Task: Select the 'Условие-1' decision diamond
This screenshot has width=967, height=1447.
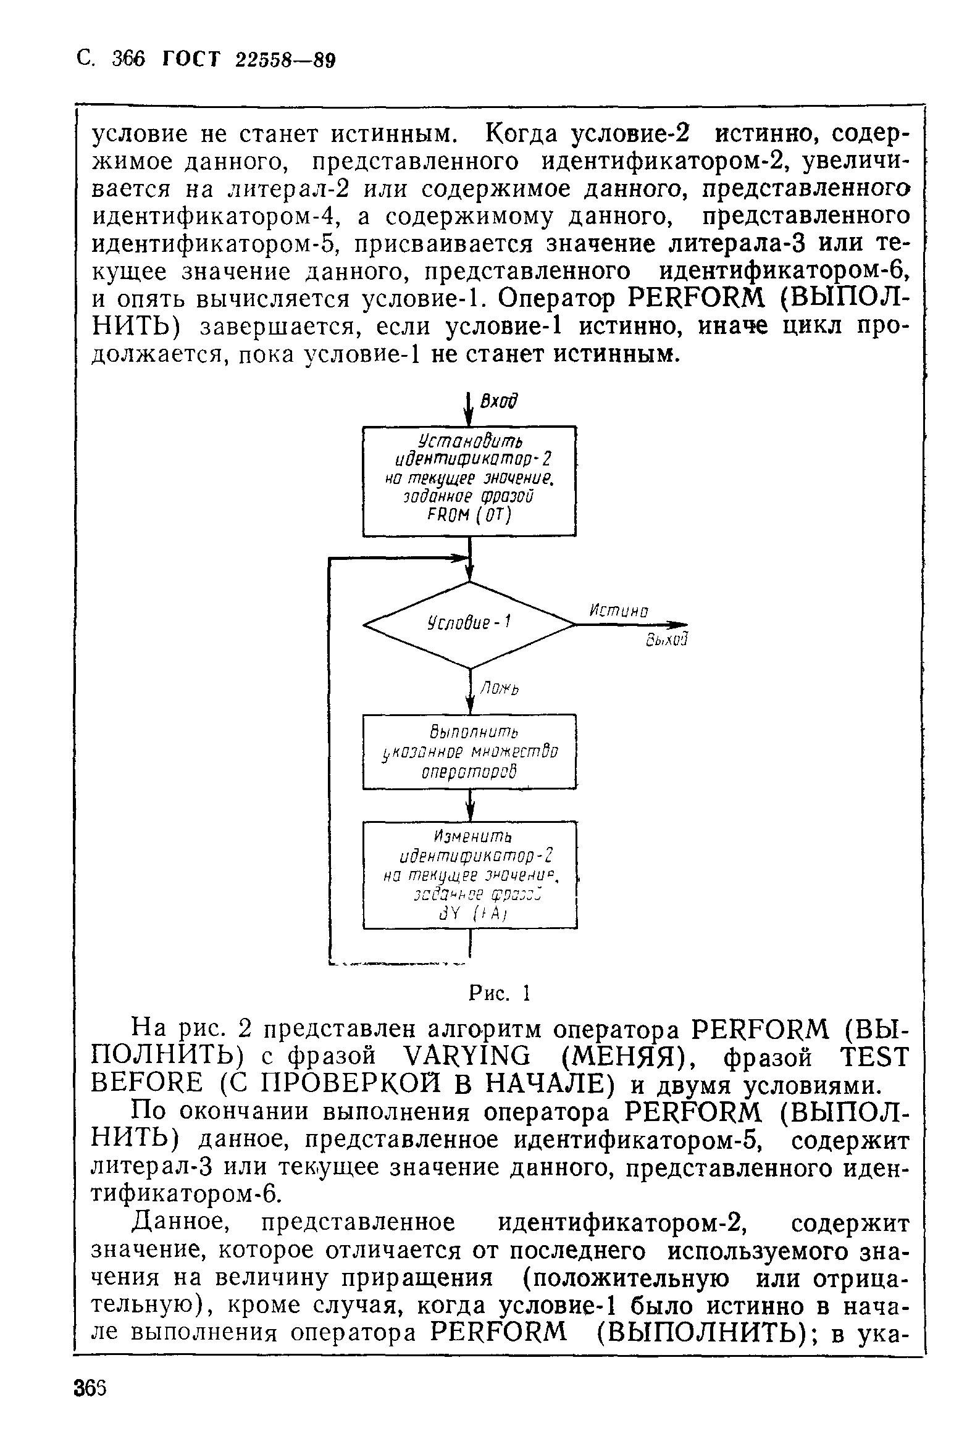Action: [x=471, y=624]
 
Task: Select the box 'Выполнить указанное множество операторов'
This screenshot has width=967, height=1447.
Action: [x=469, y=751]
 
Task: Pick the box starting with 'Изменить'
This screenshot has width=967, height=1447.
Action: [x=469, y=874]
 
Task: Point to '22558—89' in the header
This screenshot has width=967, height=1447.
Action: [x=285, y=60]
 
